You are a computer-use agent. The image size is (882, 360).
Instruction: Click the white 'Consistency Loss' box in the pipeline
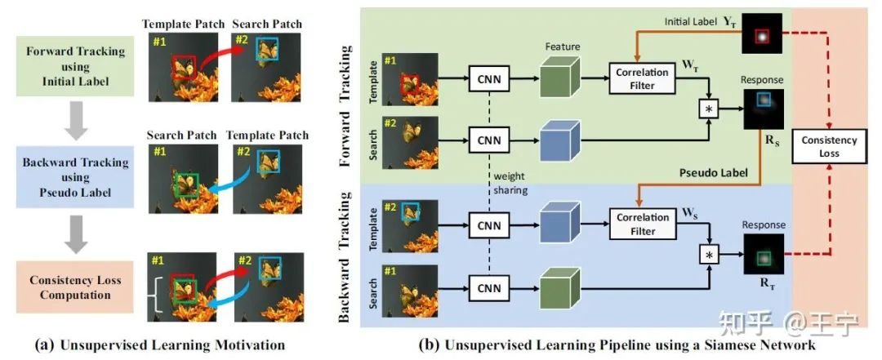(830, 147)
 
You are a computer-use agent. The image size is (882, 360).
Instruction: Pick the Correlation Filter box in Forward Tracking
(643, 80)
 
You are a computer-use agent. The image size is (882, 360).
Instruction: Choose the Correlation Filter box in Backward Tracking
(643, 224)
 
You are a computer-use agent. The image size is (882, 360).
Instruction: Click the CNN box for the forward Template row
(489, 80)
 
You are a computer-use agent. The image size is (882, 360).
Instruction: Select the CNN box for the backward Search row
(489, 287)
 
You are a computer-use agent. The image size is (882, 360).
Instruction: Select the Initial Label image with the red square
(761, 36)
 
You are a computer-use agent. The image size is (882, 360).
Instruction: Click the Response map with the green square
(763, 256)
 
